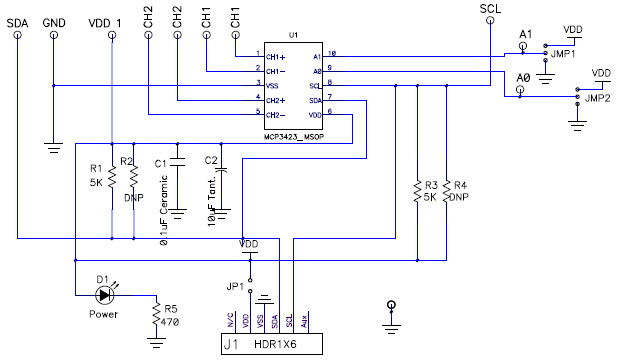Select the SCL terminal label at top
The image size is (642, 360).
pos(489,7)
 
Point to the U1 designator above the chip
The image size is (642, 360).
pos(293,35)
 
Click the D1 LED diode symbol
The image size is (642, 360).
pos(104,295)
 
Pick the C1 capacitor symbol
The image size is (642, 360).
pos(178,163)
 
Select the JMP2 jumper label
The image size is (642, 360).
pos(598,99)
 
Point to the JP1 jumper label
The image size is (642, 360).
pos(235,286)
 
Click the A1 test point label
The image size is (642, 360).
pos(527,35)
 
